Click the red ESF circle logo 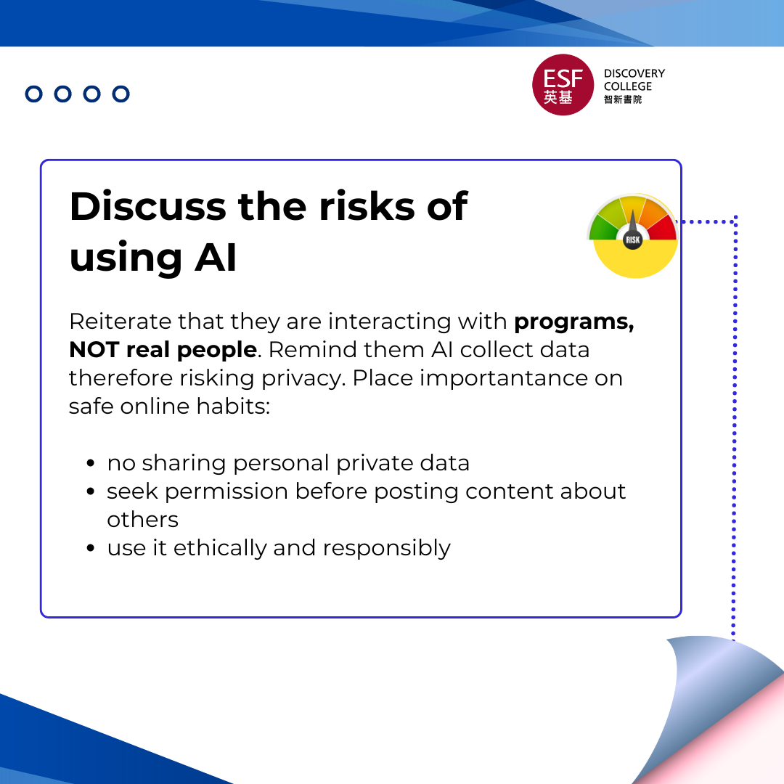click(563, 85)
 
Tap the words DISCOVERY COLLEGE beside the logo click(634, 80)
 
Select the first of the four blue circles click(34, 94)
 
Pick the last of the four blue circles click(121, 94)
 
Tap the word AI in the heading click(216, 258)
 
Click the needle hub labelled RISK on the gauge click(633, 239)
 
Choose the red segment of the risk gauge click(663, 228)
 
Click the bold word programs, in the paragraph click(573, 322)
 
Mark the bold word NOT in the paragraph click(95, 350)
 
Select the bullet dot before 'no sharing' click(91, 463)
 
